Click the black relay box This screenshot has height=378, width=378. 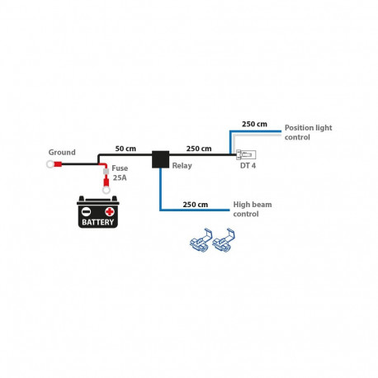[x=160, y=159]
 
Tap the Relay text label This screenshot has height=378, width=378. [x=182, y=166]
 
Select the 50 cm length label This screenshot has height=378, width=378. [x=125, y=149]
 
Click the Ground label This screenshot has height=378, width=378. [x=62, y=152]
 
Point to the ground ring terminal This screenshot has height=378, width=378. [x=50, y=164]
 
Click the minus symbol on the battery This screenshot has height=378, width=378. [x=86, y=211]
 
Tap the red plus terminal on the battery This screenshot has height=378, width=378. [x=110, y=211]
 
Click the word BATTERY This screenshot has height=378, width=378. [x=98, y=222]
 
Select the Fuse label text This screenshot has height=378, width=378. [x=120, y=168]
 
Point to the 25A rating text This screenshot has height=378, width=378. [x=120, y=177]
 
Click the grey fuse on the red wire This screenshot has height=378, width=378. [x=106, y=172]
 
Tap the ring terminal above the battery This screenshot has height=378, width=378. [x=106, y=190]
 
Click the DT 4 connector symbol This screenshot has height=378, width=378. [x=246, y=155]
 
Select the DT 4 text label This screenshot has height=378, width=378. [x=248, y=166]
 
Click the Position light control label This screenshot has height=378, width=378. [x=308, y=132]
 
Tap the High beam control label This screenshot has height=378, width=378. [x=253, y=209]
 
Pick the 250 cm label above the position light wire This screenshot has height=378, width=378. [x=254, y=124]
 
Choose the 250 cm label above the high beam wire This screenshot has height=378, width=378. [x=196, y=205]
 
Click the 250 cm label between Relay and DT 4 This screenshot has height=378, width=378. [x=199, y=149]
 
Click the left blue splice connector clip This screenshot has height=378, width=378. [x=201, y=240]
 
